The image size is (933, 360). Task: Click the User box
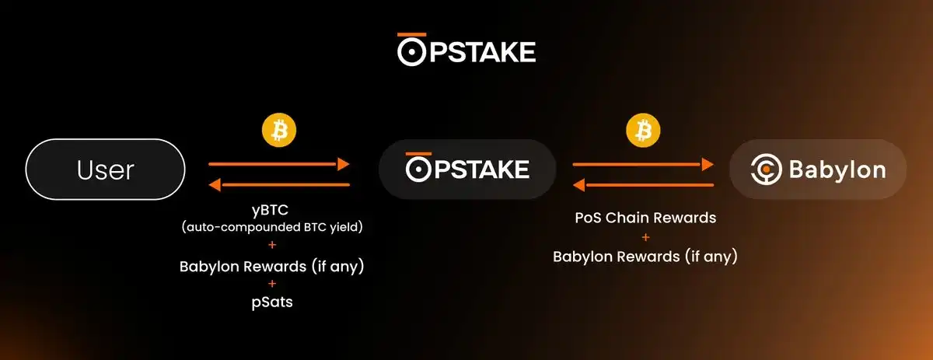click(105, 170)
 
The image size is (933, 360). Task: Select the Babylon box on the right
click(817, 170)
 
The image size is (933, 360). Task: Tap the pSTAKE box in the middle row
click(466, 170)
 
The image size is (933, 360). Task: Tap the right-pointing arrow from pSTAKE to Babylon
click(643, 164)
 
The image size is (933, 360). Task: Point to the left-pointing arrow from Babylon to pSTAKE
click(643, 185)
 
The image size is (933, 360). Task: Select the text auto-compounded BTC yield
click(271, 229)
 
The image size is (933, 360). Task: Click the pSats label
click(271, 302)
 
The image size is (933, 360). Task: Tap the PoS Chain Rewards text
click(645, 218)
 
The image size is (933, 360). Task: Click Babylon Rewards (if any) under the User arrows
click(271, 266)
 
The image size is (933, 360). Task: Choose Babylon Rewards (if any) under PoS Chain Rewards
click(645, 256)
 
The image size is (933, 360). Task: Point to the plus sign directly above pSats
click(271, 285)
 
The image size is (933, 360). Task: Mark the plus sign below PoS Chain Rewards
click(645, 237)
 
